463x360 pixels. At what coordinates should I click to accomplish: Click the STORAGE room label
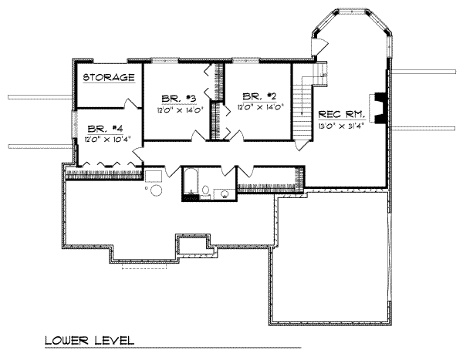point(109,78)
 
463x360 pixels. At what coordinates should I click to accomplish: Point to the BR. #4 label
point(101,129)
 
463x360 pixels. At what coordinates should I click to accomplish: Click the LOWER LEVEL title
point(89,340)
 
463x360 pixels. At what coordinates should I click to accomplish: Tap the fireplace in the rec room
point(379,107)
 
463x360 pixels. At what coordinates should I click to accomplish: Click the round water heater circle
point(156,190)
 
